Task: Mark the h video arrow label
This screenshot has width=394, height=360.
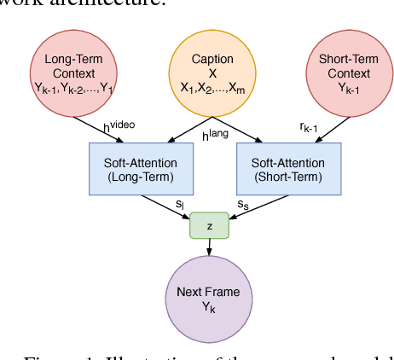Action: [x=119, y=127]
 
